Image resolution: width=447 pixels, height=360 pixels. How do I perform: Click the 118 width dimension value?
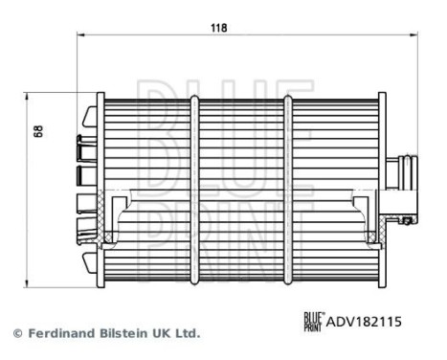pos(218,28)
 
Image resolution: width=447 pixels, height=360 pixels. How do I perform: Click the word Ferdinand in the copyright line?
pos(59,334)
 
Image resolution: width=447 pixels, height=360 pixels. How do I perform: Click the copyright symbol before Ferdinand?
pos(17,334)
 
